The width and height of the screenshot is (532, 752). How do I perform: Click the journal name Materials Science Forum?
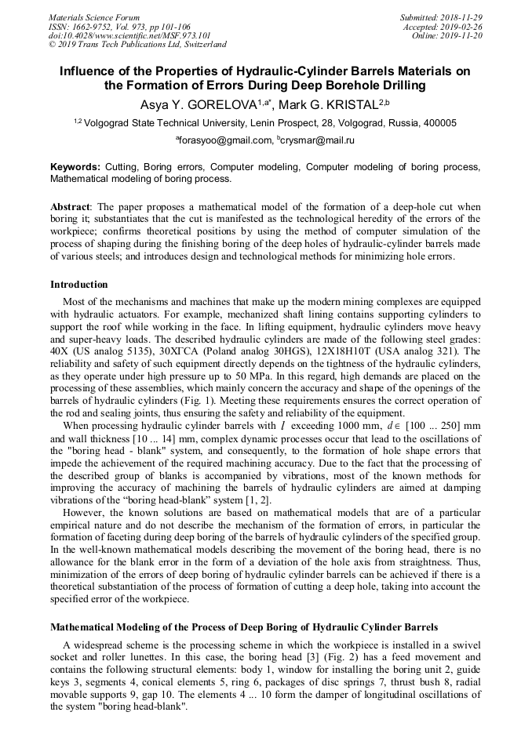click(x=94, y=17)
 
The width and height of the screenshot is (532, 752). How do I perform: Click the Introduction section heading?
click(x=78, y=285)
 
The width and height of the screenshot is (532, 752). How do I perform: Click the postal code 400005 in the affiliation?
click(x=439, y=123)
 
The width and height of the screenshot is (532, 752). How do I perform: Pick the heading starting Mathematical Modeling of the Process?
click(x=244, y=627)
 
